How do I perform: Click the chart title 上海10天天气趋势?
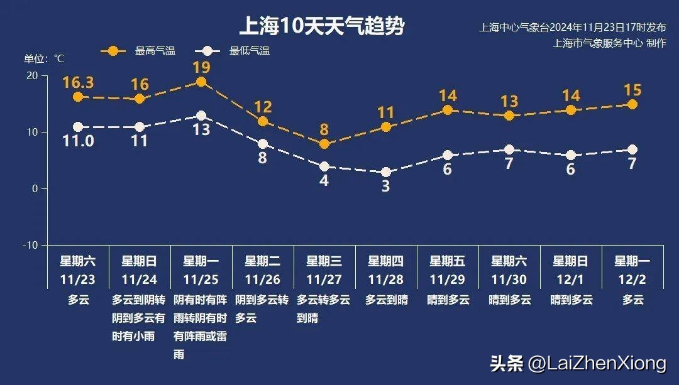pyautogui.click(x=321, y=26)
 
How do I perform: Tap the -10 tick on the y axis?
pyautogui.click(x=30, y=245)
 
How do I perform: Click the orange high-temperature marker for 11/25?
pyautogui.click(x=201, y=82)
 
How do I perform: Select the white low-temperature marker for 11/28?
pyautogui.click(x=386, y=172)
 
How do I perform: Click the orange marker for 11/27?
pyautogui.click(x=324, y=144)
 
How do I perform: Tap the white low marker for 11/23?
pyautogui.click(x=78, y=127)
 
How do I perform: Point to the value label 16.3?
pyautogui.click(x=78, y=83)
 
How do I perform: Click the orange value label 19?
pyautogui.click(x=201, y=67)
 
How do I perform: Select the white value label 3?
pyautogui.click(x=386, y=187)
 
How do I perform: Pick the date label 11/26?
pyautogui.click(x=262, y=279)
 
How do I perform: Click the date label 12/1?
pyautogui.click(x=570, y=279)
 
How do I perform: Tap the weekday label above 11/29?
pyautogui.click(x=447, y=261)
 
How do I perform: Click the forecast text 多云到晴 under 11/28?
pyautogui.click(x=386, y=300)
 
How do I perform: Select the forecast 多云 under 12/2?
pyautogui.click(x=632, y=300)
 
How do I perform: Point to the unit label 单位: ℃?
pyautogui.click(x=44, y=59)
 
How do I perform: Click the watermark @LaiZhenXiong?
pyautogui.click(x=597, y=364)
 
